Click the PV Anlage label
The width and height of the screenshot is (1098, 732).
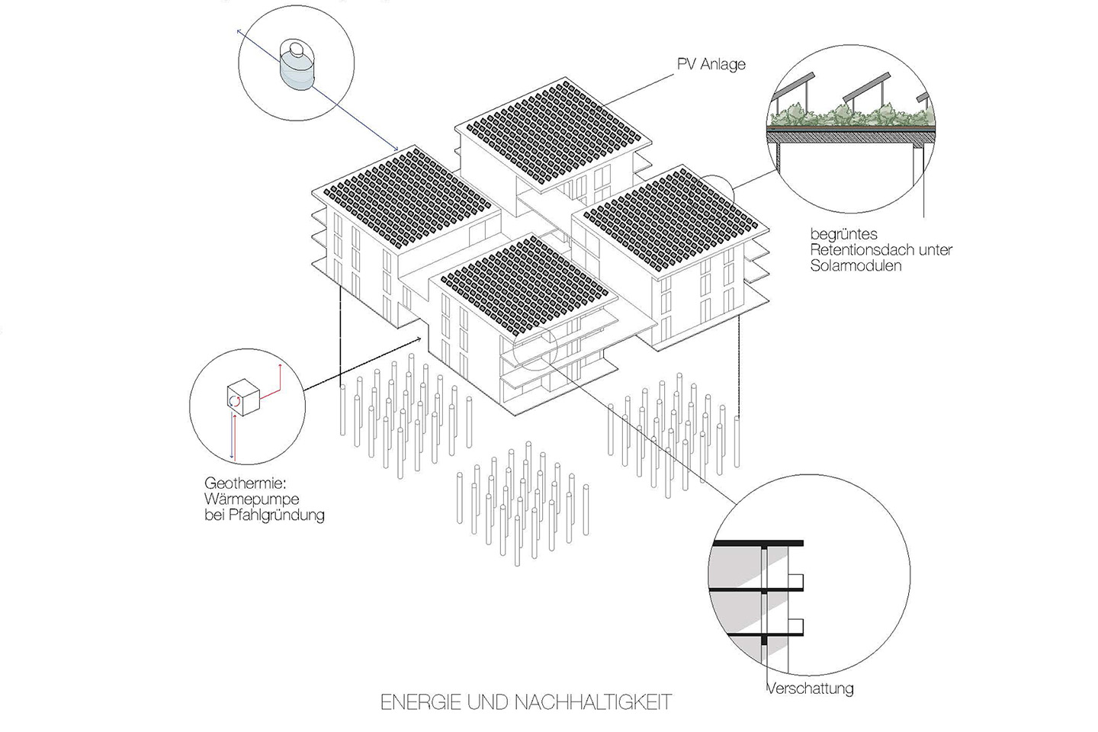[711, 64]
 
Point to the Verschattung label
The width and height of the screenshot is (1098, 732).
[811, 689]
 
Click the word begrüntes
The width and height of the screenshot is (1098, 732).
[843, 233]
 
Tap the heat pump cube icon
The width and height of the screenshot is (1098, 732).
[242, 399]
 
